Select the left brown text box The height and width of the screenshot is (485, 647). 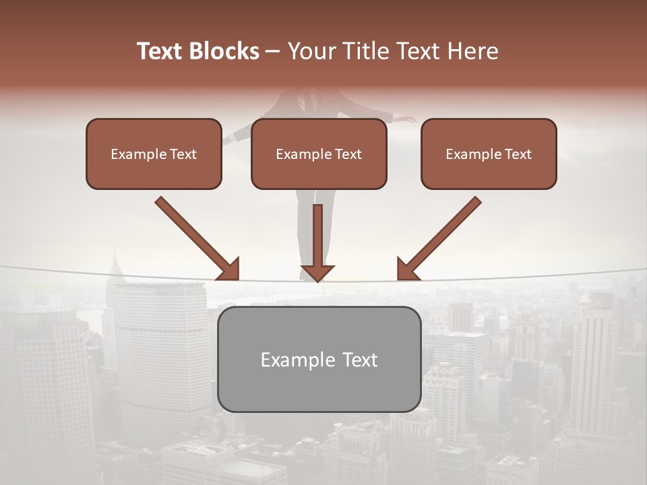point(154,154)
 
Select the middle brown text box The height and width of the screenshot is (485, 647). point(319,154)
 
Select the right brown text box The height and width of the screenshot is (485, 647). point(489,154)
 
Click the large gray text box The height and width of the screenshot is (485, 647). point(319,359)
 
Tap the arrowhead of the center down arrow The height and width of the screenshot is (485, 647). point(317,272)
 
